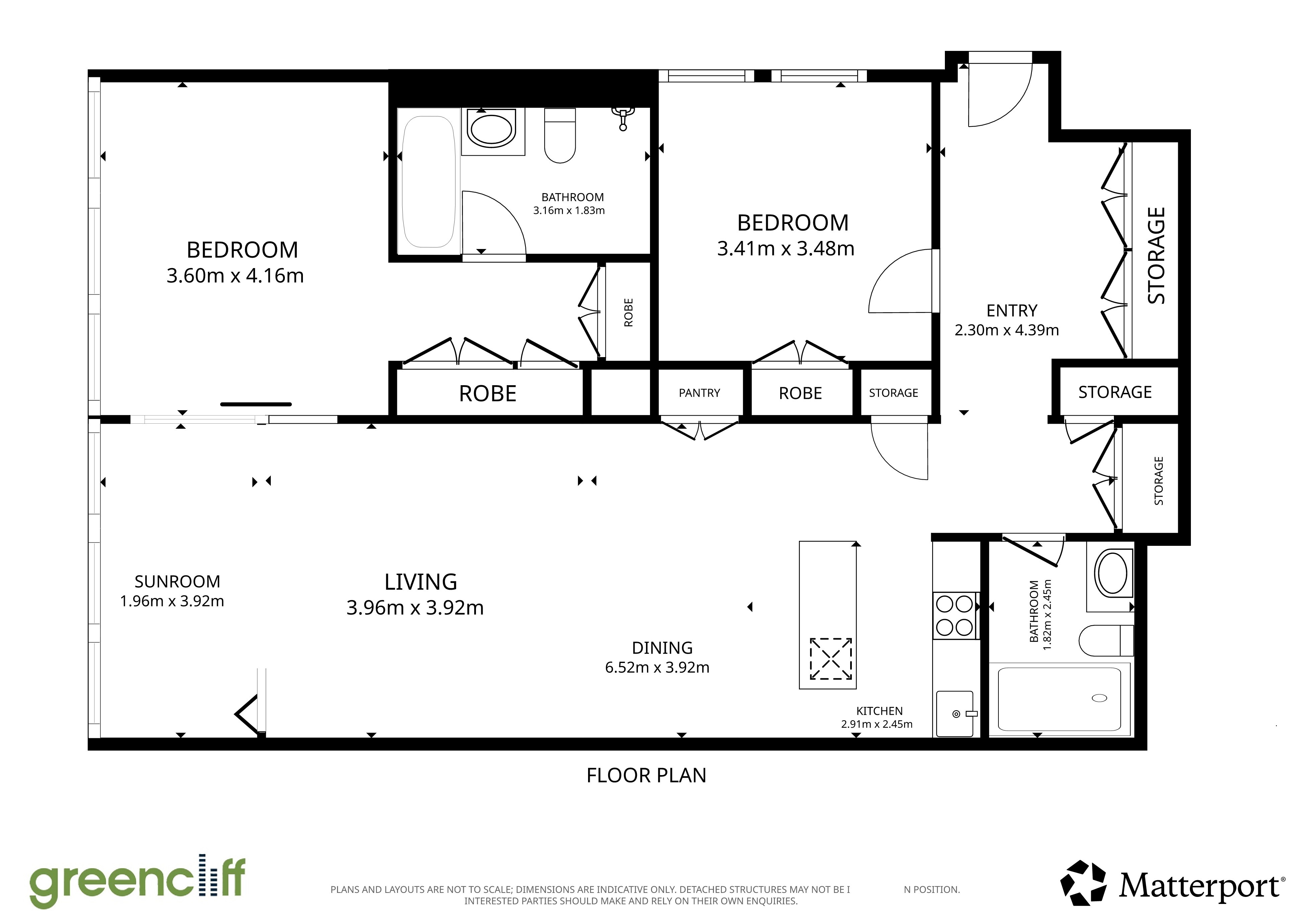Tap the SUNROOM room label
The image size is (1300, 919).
click(177, 582)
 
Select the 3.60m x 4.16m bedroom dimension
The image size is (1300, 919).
click(235, 276)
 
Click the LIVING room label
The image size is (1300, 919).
click(421, 582)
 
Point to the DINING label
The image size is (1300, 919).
click(662, 648)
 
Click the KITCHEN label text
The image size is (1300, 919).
click(879, 711)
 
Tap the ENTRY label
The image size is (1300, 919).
click(1012, 311)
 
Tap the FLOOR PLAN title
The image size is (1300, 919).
click(647, 775)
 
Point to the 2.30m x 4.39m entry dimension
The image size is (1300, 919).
click(1007, 330)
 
